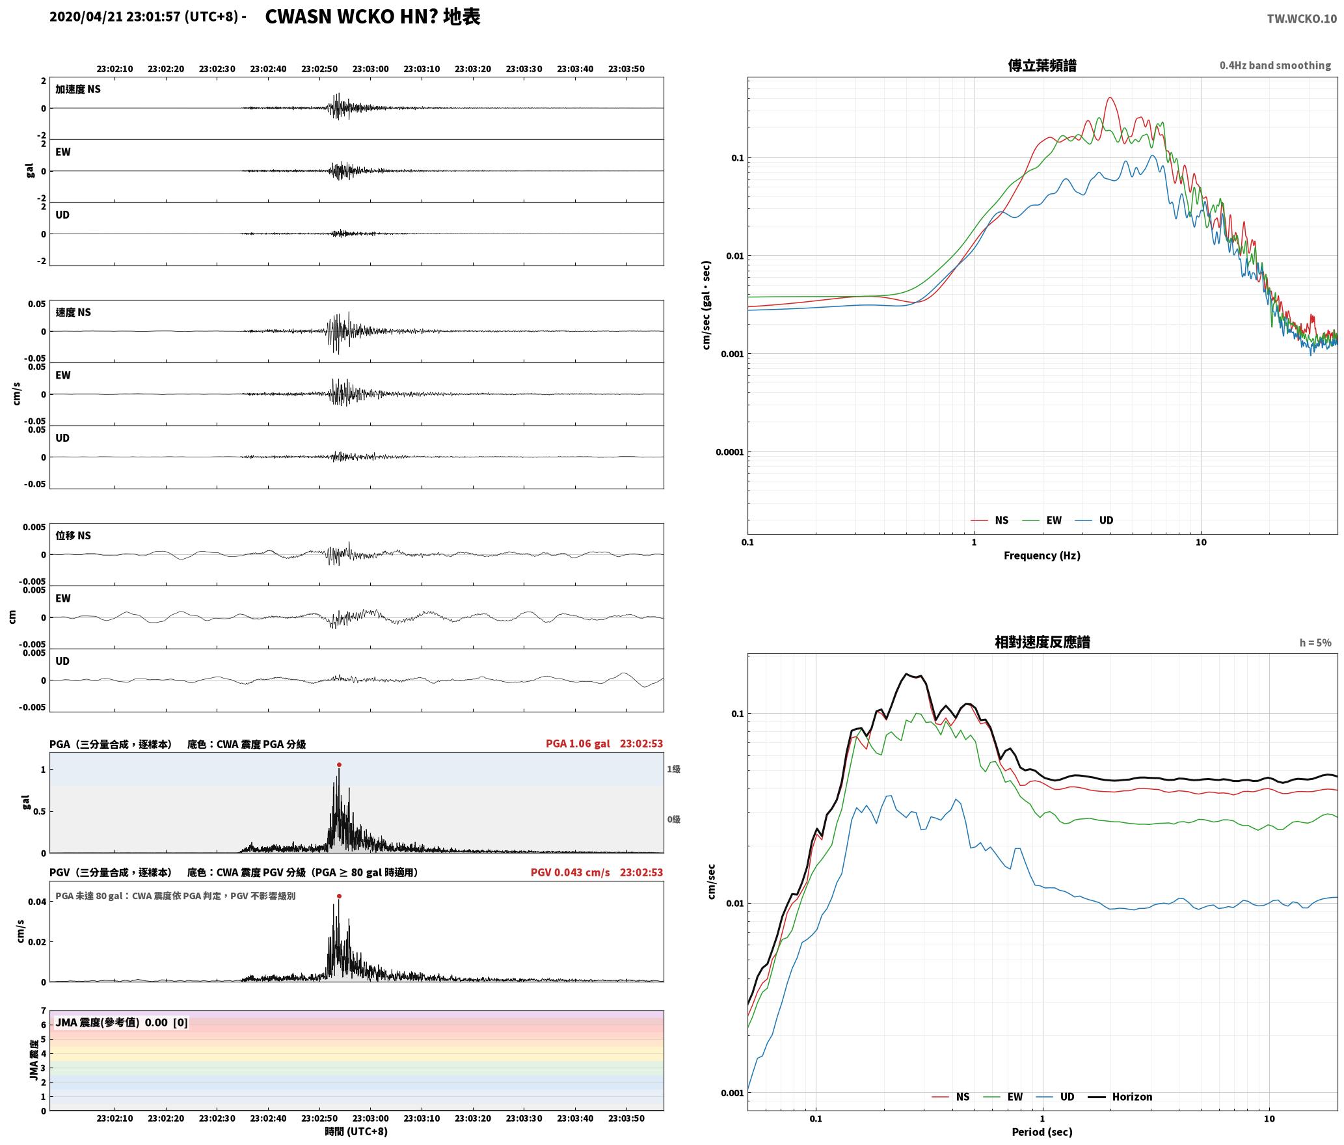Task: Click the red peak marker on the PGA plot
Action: (339, 765)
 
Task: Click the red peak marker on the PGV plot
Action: (339, 896)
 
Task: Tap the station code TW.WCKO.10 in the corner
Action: (1302, 19)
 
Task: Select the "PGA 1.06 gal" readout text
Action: (578, 744)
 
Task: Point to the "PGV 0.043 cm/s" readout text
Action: (570, 872)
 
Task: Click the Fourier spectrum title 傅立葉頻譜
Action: (1042, 66)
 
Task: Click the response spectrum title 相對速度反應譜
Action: (1042, 642)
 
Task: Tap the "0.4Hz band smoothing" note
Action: (1275, 66)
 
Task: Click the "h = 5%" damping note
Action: (1315, 643)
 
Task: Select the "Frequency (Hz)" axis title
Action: (1042, 556)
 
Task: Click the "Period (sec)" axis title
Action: (1042, 1132)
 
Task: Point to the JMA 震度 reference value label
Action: (122, 1023)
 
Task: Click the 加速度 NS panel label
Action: (78, 89)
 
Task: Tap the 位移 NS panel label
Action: (73, 535)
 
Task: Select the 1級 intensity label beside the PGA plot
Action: (673, 770)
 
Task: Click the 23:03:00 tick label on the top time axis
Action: (371, 69)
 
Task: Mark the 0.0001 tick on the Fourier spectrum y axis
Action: (729, 452)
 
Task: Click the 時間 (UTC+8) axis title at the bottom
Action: (356, 1132)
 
